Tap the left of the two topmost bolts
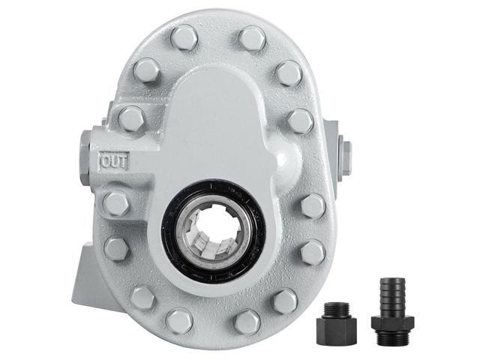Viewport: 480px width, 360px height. pyautogui.click(x=184, y=37)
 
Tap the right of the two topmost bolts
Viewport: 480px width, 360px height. pyautogui.click(x=252, y=37)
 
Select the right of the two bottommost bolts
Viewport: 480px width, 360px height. pyautogui.click(x=247, y=322)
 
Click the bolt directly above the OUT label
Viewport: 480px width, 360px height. pyautogui.click(x=131, y=118)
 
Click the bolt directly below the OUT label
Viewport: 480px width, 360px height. pyautogui.click(x=116, y=202)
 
